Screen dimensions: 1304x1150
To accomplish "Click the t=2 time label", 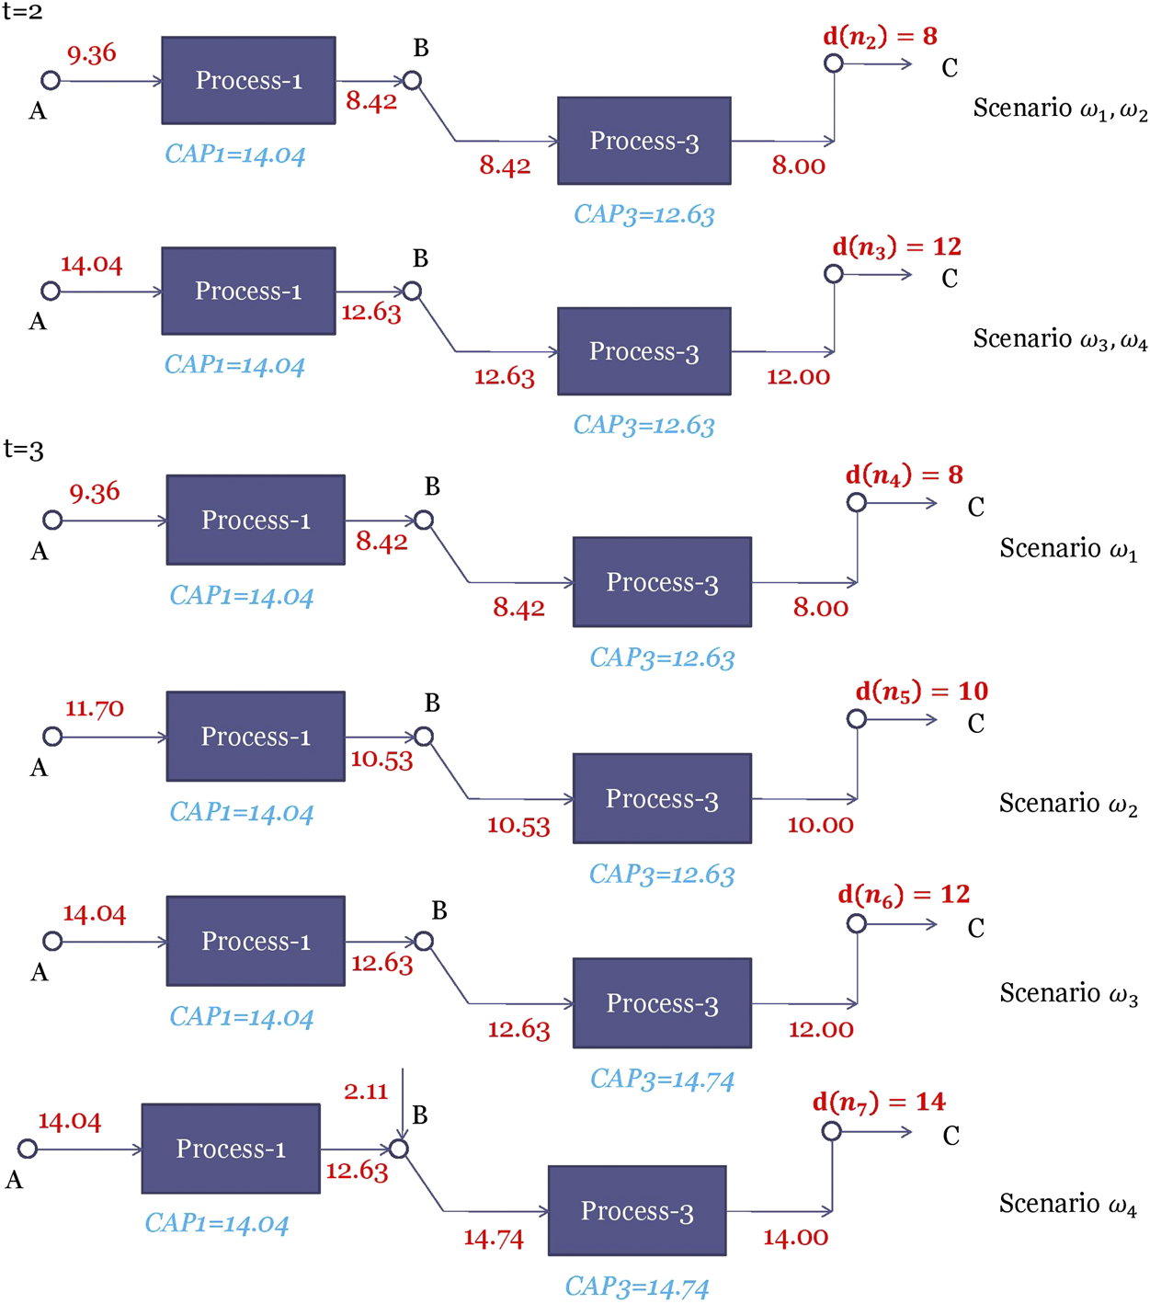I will [x=23, y=12].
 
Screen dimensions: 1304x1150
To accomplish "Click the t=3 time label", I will [x=24, y=450].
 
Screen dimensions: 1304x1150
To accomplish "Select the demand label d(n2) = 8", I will [x=880, y=37].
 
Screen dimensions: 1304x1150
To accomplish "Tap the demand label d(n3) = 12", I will [x=896, y=247].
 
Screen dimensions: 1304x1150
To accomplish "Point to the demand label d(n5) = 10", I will [x=921, y=692].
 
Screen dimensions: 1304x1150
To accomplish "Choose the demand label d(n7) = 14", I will [x=879, y=1102].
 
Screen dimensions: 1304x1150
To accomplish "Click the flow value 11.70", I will [x=94, y=709].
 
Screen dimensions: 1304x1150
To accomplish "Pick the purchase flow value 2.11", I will [x=366, y=1092].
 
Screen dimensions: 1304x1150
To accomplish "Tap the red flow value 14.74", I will [x=494, y=1239].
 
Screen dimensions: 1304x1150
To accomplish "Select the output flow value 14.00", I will [x=796, y=1238].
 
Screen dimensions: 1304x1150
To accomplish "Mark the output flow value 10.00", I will [x=820, y=825].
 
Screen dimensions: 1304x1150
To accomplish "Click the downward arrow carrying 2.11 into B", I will [x=403, y=1104].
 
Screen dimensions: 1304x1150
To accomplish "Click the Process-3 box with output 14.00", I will [x=637, y=1210].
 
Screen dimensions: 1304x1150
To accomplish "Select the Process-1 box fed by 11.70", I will [x=256, y=737].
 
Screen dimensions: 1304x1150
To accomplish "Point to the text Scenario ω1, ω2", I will [x=1060, y=109].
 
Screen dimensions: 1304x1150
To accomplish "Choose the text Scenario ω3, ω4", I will [x=1060, y=339].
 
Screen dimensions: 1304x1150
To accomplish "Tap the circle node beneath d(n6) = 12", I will [x=857, y=923].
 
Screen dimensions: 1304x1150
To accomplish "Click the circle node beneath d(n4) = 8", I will [x=857, y=502].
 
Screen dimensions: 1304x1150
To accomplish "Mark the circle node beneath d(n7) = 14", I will [x=832, y=1131].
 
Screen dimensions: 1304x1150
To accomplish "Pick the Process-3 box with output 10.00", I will [x=662, y=798].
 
